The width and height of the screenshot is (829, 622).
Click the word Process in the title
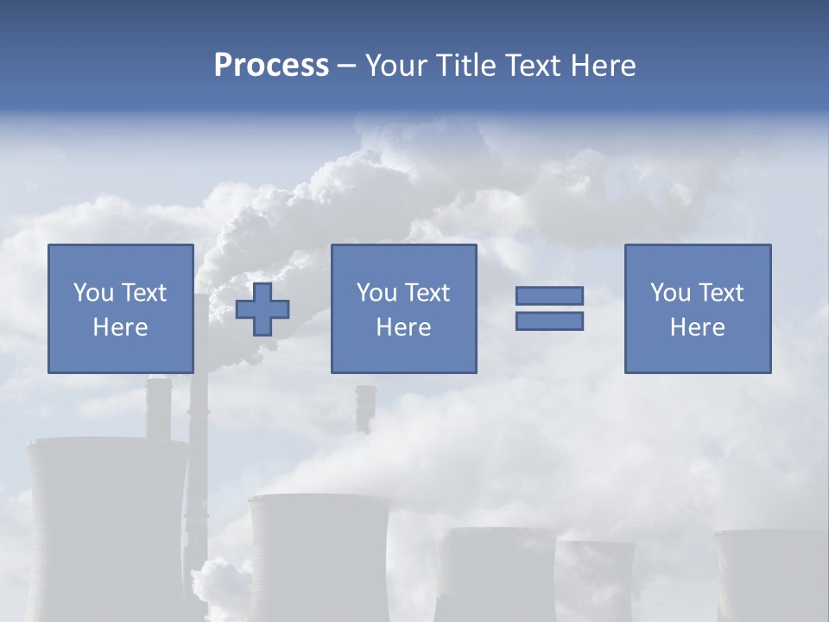271,66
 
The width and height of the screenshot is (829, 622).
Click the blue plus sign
263,309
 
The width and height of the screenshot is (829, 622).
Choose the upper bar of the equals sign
549,295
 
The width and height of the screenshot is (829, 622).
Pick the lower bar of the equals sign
549,321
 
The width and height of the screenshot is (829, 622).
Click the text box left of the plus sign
120,308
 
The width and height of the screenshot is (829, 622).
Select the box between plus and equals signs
403,308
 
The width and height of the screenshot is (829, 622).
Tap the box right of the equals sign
697,308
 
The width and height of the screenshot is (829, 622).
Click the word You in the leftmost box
93,293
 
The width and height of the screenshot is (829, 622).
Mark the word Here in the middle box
403,327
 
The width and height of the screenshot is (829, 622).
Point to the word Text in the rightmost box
721,293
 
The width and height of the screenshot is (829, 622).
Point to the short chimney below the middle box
365,408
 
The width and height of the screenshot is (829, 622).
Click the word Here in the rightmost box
697,327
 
